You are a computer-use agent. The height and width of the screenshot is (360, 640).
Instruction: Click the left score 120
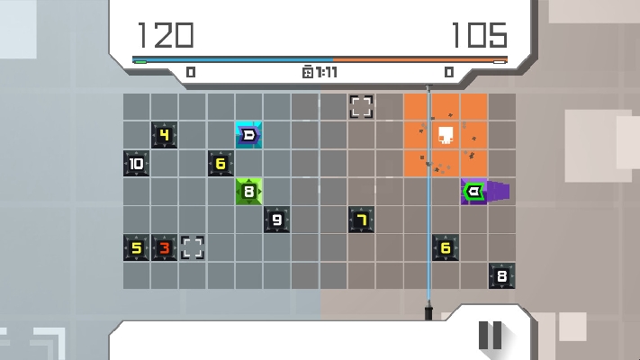coord(166,35)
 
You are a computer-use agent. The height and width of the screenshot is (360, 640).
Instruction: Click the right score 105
coord(479,35)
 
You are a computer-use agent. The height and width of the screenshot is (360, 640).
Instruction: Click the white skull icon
coord(446,135)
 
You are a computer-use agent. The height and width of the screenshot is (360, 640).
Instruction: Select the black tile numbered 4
coord(164,135)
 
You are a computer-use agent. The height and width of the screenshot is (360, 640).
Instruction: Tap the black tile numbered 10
coord(136,163)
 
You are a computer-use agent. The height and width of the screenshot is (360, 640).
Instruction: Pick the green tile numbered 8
coord(248,192)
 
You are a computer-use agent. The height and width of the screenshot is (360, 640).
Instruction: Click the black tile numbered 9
coord(276,220)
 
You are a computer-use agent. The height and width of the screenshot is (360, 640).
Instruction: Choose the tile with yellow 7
coord(361,220)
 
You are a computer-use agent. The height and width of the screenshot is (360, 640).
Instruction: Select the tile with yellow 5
coord(136,247)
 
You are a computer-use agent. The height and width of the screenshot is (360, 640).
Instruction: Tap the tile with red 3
coord(164,247)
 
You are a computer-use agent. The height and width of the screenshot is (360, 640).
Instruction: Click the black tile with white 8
coord(501,276)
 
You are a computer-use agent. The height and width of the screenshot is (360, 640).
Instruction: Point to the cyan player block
coord(248,135)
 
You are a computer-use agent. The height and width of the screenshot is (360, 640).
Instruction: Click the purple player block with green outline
coord(473,192)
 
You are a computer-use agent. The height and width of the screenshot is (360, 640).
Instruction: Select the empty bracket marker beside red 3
coord(193,247)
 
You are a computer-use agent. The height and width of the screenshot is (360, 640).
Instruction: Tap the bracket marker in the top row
coord(361,107)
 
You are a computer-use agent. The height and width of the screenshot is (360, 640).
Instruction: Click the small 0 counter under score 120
coord(191,72)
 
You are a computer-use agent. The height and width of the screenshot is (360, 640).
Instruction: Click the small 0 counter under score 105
coord(449,72)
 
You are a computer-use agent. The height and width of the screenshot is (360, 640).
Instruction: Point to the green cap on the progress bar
coord(140,62)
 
